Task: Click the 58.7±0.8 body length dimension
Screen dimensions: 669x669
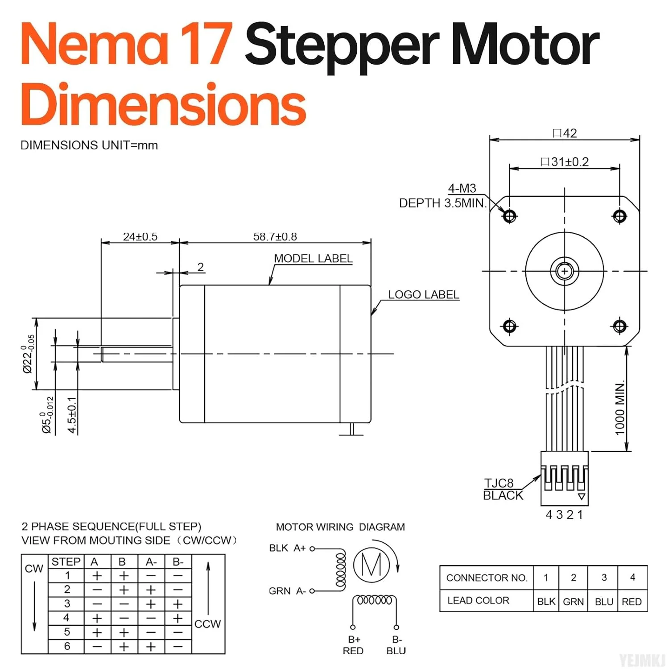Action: click(x=275, y=236)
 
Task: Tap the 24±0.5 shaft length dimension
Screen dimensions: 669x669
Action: click(x=140, y=236)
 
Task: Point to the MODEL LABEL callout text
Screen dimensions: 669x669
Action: click(x=313, y=259)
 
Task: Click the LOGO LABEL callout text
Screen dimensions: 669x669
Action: click(x=423, y=295)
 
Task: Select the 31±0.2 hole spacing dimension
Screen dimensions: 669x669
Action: click(x=565, y=162)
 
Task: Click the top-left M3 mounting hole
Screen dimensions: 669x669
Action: click(x=509, y=216)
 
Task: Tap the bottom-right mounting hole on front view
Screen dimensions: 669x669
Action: click(x=619, y=326)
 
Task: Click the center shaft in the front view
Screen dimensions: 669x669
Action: click(x=565, y=271)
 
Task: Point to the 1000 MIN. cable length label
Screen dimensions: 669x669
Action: click(x=620, y=408)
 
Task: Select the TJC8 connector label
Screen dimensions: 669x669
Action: click(x=499, y=483)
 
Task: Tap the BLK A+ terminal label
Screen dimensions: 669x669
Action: click(x=287, y=548)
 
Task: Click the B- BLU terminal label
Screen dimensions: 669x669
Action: click(x=396, y=645)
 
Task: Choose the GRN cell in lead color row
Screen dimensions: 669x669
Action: click(x=573, y=602)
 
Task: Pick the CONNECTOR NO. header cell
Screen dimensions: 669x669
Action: click(x=487, y=578)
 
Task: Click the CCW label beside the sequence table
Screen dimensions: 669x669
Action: click(x=207, y=624)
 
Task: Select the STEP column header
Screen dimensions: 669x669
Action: click(x=66, y=562)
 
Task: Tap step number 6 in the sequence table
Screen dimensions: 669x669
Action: click(x=67, y=646)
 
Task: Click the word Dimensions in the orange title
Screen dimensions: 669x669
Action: click(x=163, y=105)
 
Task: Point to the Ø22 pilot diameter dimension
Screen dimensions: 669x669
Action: click(x=28, y=354)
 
